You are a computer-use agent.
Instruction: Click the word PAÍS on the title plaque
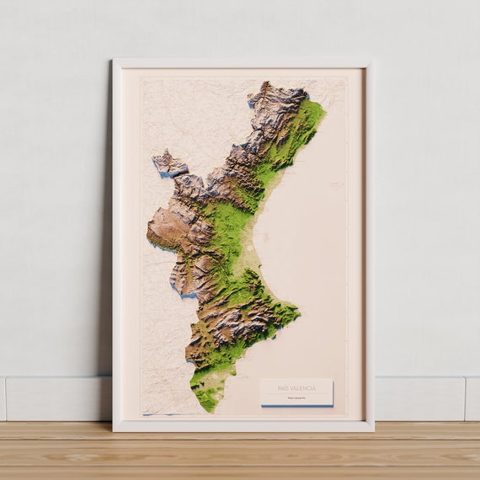click(284, 387)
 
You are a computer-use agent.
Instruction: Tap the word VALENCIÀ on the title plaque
click(303, 387)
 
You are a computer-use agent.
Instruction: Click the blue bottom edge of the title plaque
click(296, 405)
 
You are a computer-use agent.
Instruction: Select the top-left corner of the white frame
click(114, 60)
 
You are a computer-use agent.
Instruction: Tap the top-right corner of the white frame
click(373, 60)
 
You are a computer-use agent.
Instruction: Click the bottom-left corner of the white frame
click(114, 430)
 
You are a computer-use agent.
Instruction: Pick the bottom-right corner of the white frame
click(373, 430)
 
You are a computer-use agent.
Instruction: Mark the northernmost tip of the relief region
click(267, 83)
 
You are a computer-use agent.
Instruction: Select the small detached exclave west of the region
click(168, 163)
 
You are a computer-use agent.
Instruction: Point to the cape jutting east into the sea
click(297, 313)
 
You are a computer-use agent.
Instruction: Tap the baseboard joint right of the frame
click(464, 398)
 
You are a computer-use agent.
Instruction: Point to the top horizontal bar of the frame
click(243, 62)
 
